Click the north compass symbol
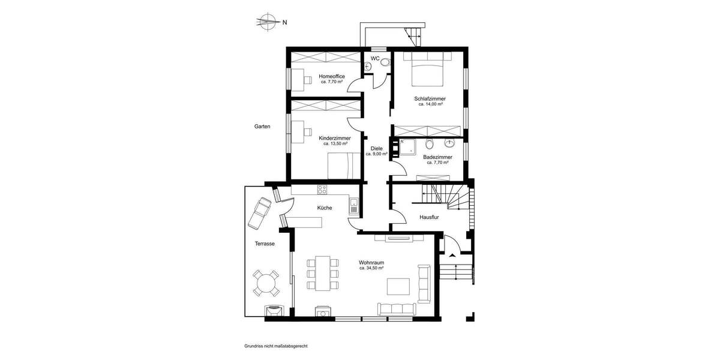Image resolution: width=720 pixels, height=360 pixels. coord(268,23)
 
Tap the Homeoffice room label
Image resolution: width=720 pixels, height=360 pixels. coord(332,76)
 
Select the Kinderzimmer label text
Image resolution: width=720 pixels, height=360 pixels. coord(335,138)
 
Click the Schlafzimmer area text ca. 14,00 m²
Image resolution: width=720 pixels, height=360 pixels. coord(430,104)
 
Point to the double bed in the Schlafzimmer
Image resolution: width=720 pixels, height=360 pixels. coord(427,68)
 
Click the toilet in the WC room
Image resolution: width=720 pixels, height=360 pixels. coord(385,61)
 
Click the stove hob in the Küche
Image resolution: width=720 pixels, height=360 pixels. coord(322,190)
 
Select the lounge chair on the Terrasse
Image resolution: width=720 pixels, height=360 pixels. coord(260,212)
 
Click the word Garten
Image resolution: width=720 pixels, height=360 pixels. coord(262,127)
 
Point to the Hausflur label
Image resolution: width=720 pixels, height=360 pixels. coord(430,217)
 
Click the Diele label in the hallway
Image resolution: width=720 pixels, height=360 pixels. coord(376,148)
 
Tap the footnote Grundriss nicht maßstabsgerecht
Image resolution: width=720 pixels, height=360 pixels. coord(276,346)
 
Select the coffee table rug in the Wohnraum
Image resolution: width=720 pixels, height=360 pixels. coord(398,286)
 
